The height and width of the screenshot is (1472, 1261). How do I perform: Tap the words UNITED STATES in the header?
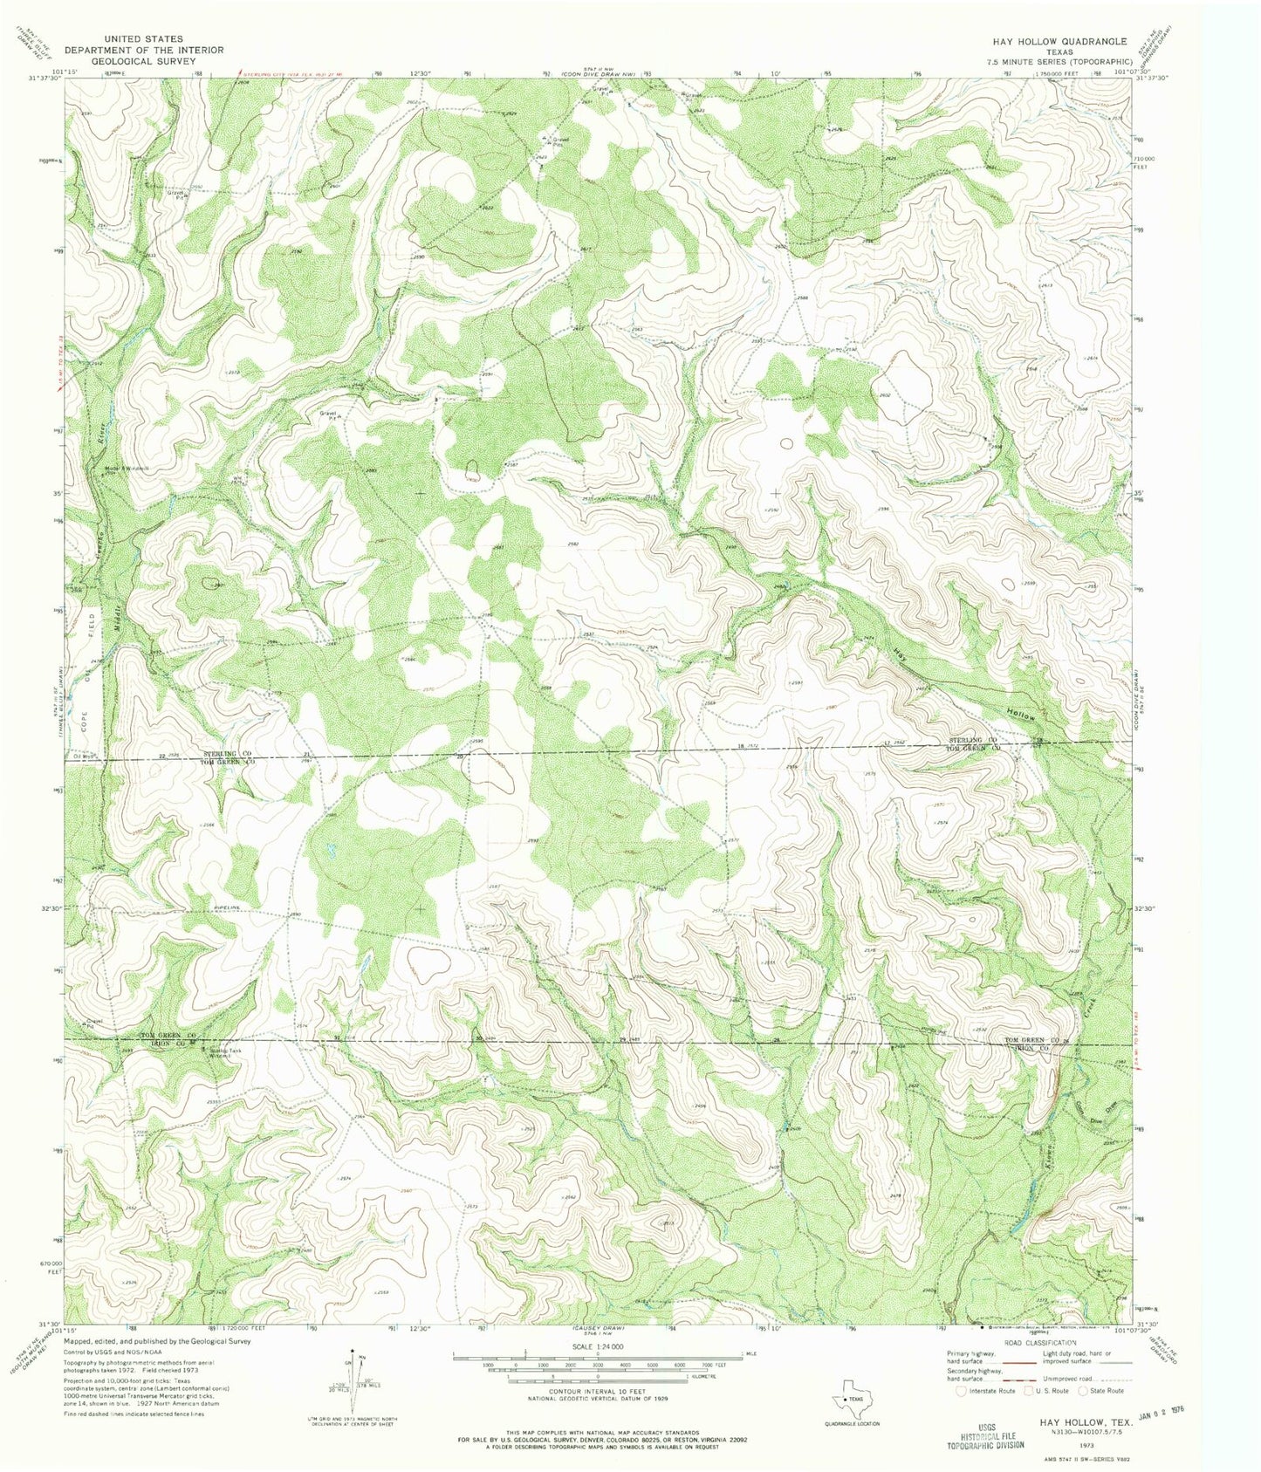(142, 39)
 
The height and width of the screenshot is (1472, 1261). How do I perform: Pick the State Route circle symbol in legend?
(1086, 1391)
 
